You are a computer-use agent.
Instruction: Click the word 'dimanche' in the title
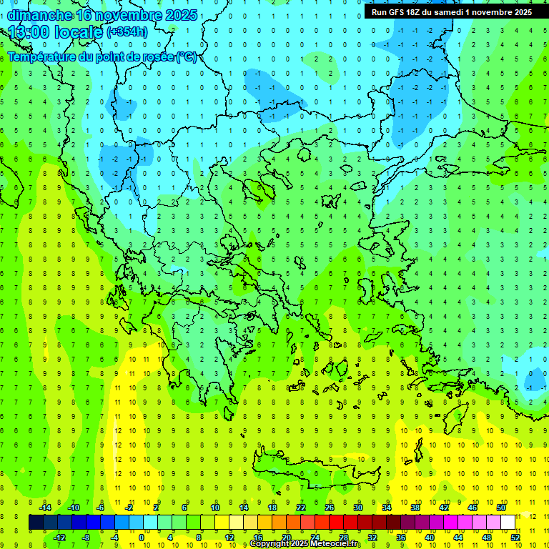39,15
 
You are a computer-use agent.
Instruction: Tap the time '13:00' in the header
29,32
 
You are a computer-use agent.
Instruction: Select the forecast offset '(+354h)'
127,32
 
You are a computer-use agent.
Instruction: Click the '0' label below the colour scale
142,538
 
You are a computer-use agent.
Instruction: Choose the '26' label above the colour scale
330,508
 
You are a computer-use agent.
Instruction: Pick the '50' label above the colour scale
500,508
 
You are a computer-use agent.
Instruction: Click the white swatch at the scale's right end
508,523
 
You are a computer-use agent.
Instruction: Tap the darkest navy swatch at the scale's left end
36,523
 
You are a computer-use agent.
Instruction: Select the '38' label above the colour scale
415,508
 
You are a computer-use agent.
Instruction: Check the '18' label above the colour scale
272,508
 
